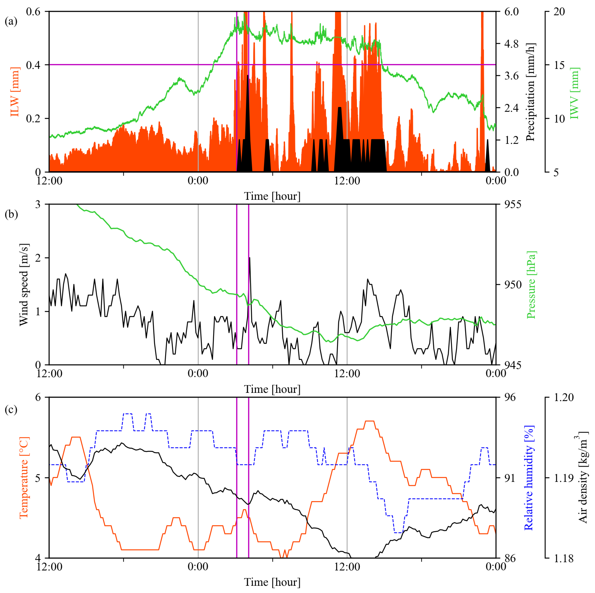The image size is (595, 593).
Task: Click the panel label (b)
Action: point(11,214)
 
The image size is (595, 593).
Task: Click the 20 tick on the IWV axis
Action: point(559,12)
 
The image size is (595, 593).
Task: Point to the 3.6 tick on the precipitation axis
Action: point(511,76)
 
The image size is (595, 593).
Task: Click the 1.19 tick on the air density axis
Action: point(564,478)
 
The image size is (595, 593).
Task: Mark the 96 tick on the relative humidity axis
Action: point(510,397)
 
